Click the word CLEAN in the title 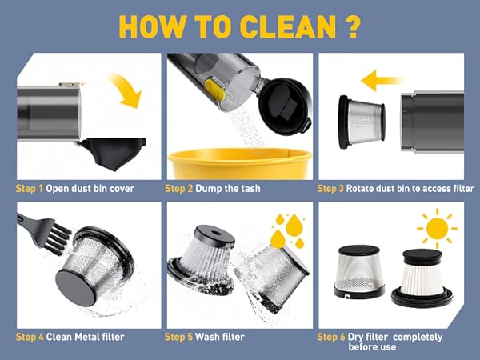tap(288, 26)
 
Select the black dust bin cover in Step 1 tap(113, 153)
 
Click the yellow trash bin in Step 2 tap(240, 164)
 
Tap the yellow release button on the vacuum tap(214, 90)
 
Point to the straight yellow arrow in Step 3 tap(381, 81)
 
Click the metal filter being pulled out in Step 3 tap(362, 122)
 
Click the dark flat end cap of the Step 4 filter tap(76, 287)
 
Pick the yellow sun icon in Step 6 tap(437, 228)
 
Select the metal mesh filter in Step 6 tap(358, 271)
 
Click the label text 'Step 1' tap(30, 189)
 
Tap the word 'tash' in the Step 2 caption tap(250, 189)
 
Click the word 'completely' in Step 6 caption tap(418, 338)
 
